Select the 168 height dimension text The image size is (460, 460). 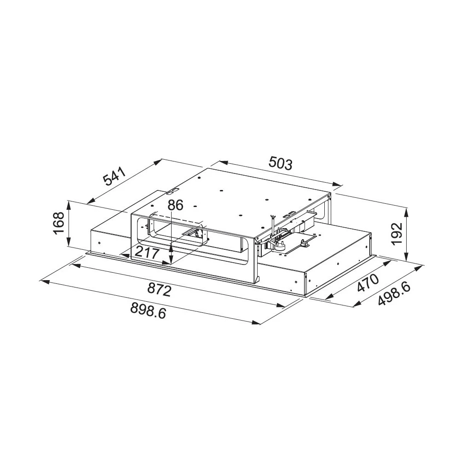tap(59, 223)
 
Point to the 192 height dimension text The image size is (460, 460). tap(397, 234)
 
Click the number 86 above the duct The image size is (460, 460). tap(175, 205)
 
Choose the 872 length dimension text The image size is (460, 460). tap(159, 290)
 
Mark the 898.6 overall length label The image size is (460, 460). tap(148, 310)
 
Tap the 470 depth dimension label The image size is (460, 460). tap(368, 282)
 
